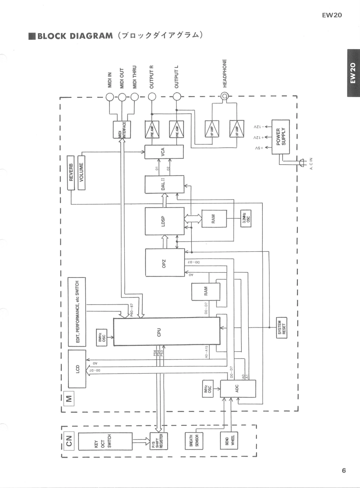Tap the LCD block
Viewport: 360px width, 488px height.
point(78,368)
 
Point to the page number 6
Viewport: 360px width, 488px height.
point(344,471)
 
